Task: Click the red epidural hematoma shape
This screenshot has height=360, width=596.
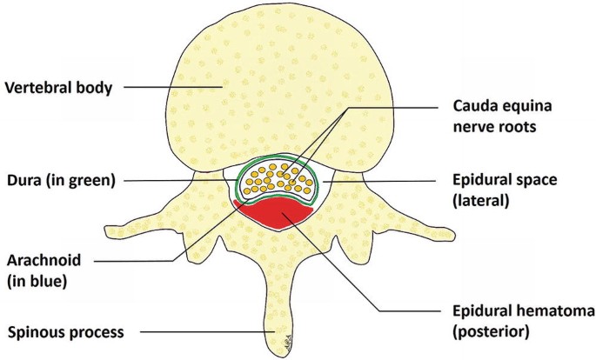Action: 276,214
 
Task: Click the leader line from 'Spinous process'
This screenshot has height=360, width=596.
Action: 204,332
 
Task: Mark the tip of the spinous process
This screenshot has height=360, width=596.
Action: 284,343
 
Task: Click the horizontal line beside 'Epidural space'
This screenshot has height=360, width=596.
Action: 383,181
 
